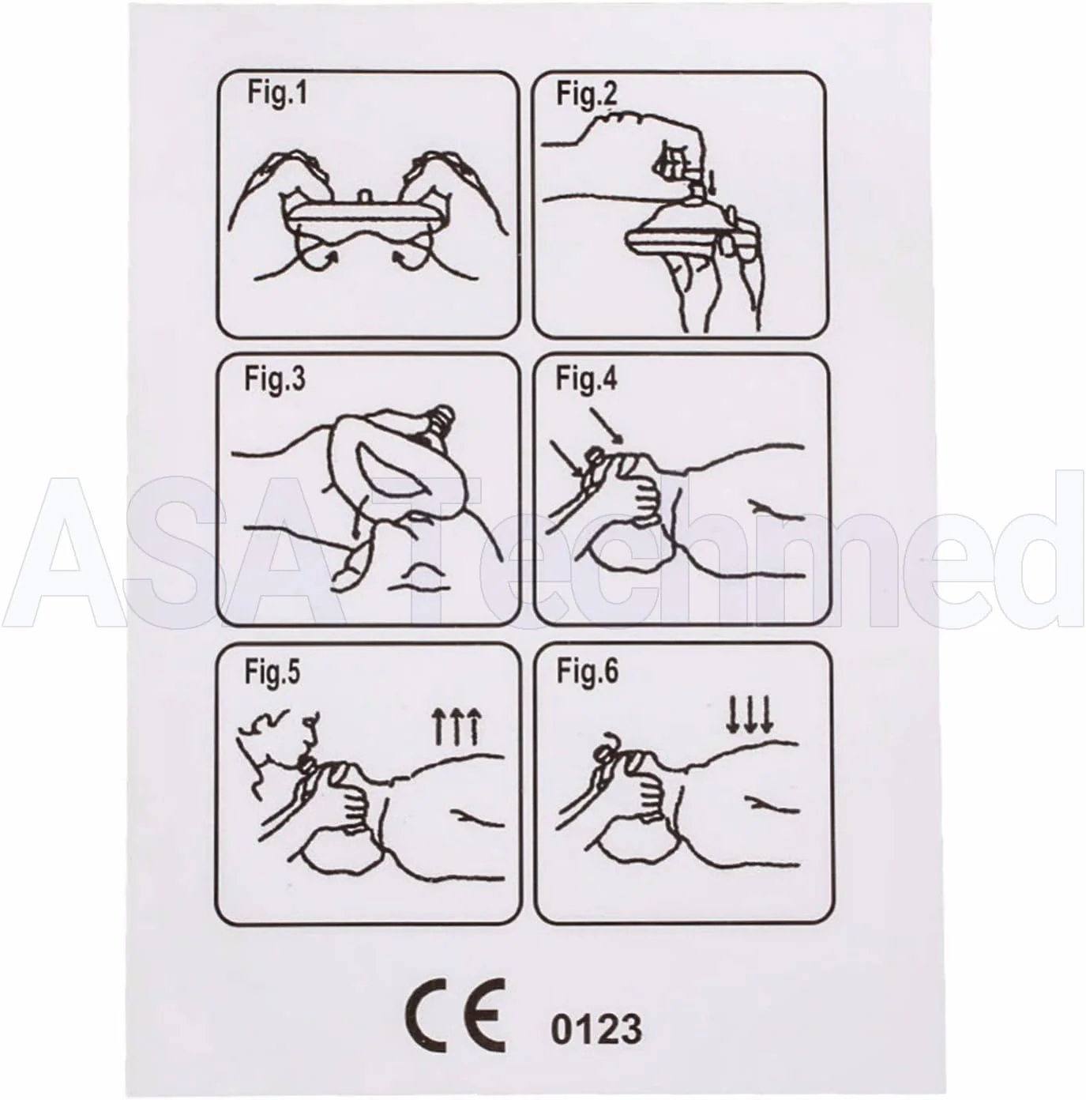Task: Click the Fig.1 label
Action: pos(276,93)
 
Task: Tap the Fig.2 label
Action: pos(587,93)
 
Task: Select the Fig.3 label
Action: pos(275,379)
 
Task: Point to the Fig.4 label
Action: pos(587,379)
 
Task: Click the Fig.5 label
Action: pos(272,672)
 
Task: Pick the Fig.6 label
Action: pos(587,672)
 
